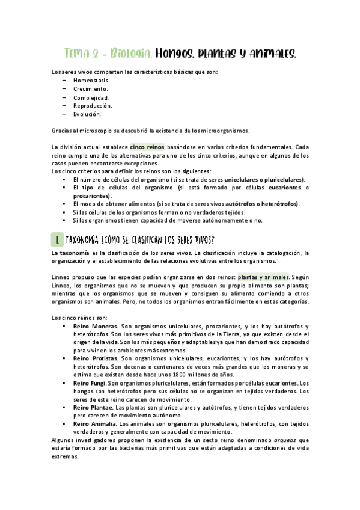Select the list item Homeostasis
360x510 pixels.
pyautogui.click(x=91, y=80)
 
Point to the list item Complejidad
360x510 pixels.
pyautogui.click(x=91, y=97)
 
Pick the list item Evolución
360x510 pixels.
pyautogui.click(x=87, y=114)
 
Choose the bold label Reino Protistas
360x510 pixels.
pyautogui.click(x=95, y=358)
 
